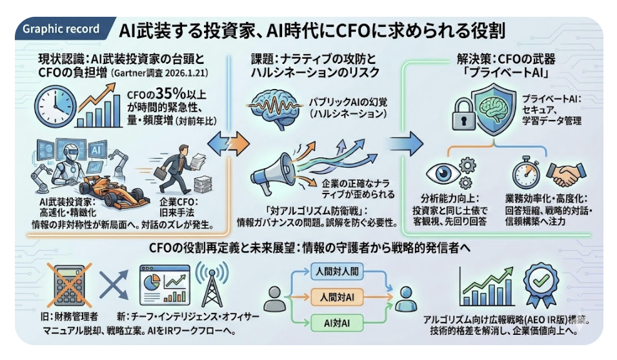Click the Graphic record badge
coord(61,29)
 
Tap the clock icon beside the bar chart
coord(52,104)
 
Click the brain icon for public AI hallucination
coord(273,105)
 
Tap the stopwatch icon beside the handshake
coord(526,173)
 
